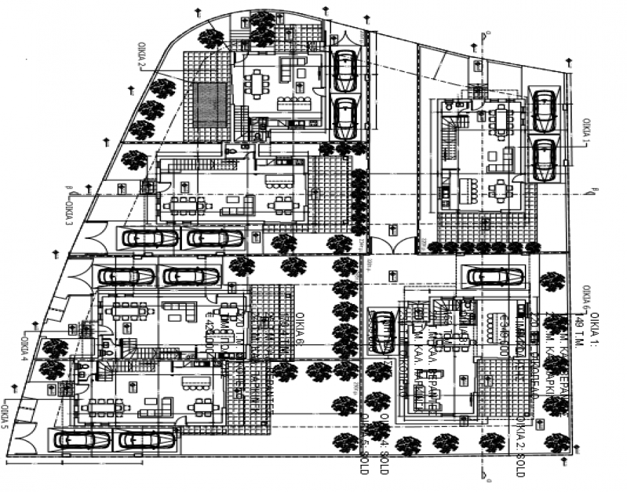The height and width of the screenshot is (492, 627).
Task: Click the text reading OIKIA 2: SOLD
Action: tap(519, 447)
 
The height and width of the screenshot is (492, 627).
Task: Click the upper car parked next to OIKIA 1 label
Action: tap(544, 109)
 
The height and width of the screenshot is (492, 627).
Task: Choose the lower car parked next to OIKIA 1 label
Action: tap(544, 160)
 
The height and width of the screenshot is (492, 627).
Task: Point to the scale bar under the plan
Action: tap(73, 462)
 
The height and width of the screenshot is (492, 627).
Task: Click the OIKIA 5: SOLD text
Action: tap(365, 447)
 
